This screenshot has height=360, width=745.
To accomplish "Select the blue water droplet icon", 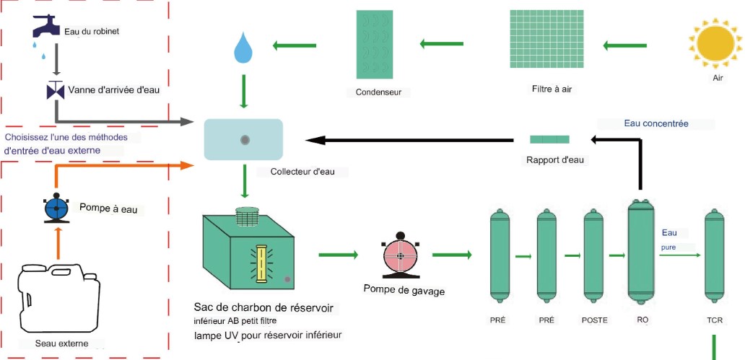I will (x=243, y=48).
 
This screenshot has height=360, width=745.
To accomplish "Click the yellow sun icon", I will (x=715, y=41).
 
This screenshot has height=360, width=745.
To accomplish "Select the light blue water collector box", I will (x=245, y=139).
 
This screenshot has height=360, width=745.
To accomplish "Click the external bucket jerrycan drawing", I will (x=56, y=296).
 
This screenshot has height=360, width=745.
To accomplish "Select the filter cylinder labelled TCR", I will (x=714, y=256).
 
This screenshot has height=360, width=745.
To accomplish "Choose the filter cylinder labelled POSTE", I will (x=593, y=256).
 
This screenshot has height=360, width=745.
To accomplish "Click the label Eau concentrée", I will (x=656, y=123).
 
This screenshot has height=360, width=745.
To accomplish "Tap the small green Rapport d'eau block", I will (x=549, y=139).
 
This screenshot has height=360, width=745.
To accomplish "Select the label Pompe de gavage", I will (x=404, y=291).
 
